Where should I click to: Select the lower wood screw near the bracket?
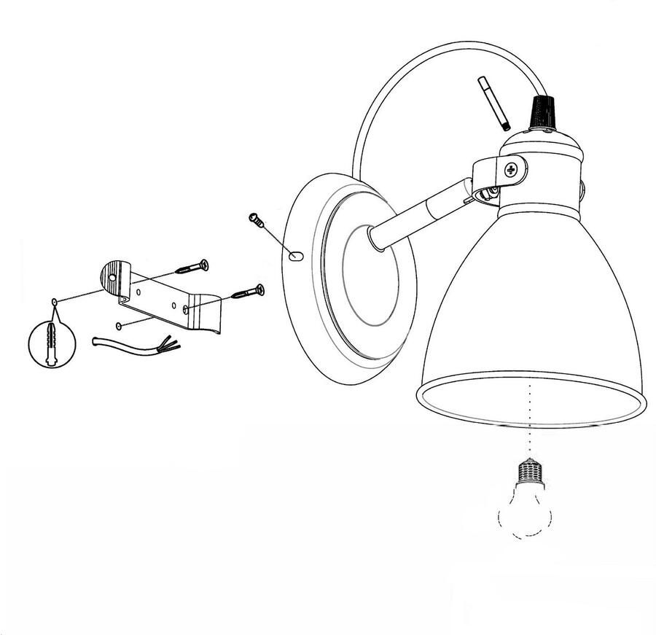(248, 292)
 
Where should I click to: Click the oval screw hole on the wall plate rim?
(294, 255)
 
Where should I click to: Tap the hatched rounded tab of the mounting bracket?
(114, 275)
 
